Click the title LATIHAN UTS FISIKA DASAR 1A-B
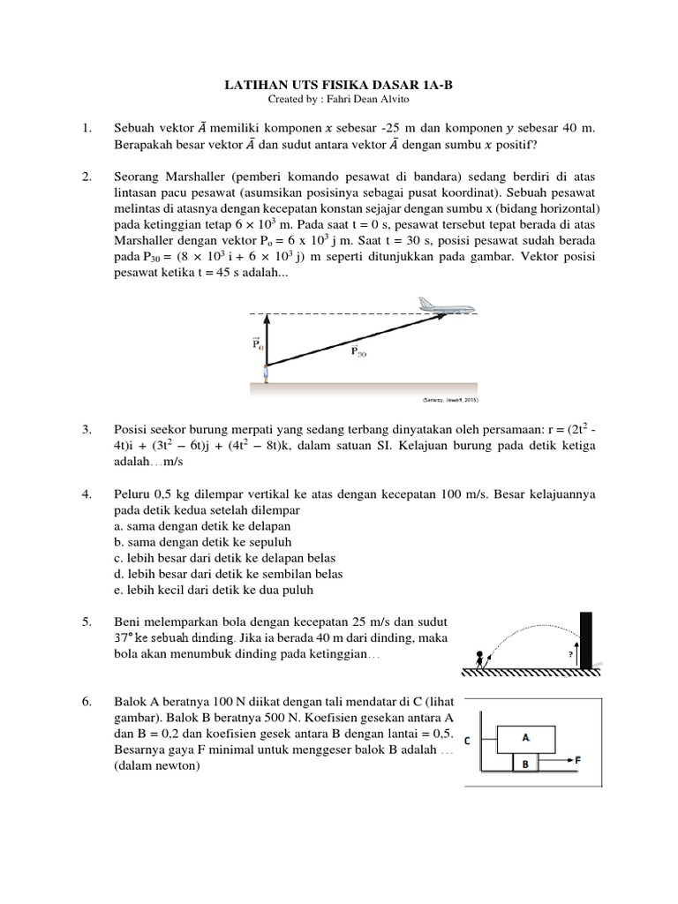340,85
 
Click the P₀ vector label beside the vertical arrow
257,343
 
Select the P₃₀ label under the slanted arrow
358,350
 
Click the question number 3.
87,429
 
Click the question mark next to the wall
569,654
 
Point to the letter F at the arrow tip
578,758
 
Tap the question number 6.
87,702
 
